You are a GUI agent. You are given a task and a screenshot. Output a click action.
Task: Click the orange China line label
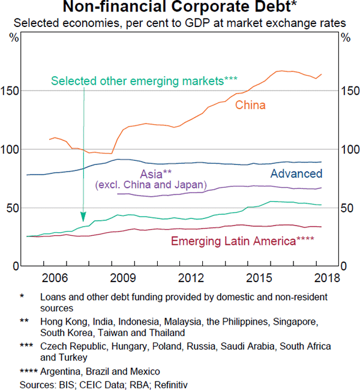click(250, 106)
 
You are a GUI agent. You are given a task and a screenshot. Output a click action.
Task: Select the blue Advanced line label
click(296, 174)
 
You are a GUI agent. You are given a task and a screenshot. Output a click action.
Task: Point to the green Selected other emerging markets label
click(145, 80)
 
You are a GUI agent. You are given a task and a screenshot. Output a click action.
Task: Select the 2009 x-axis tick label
click(122, 278)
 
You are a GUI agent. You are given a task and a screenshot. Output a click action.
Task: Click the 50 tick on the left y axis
click(15, 208)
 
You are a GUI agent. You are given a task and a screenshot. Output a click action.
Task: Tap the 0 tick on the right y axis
click(344, 266)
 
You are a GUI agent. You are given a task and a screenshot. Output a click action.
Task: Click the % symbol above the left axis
click(13, 37)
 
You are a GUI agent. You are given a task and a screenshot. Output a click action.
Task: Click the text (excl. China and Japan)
click(150, 185)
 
